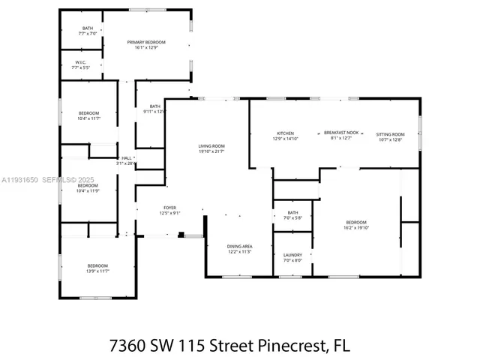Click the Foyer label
click(x=170, y=210)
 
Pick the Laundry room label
click(x=292, y=257)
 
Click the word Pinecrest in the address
click(x=283, y=346)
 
